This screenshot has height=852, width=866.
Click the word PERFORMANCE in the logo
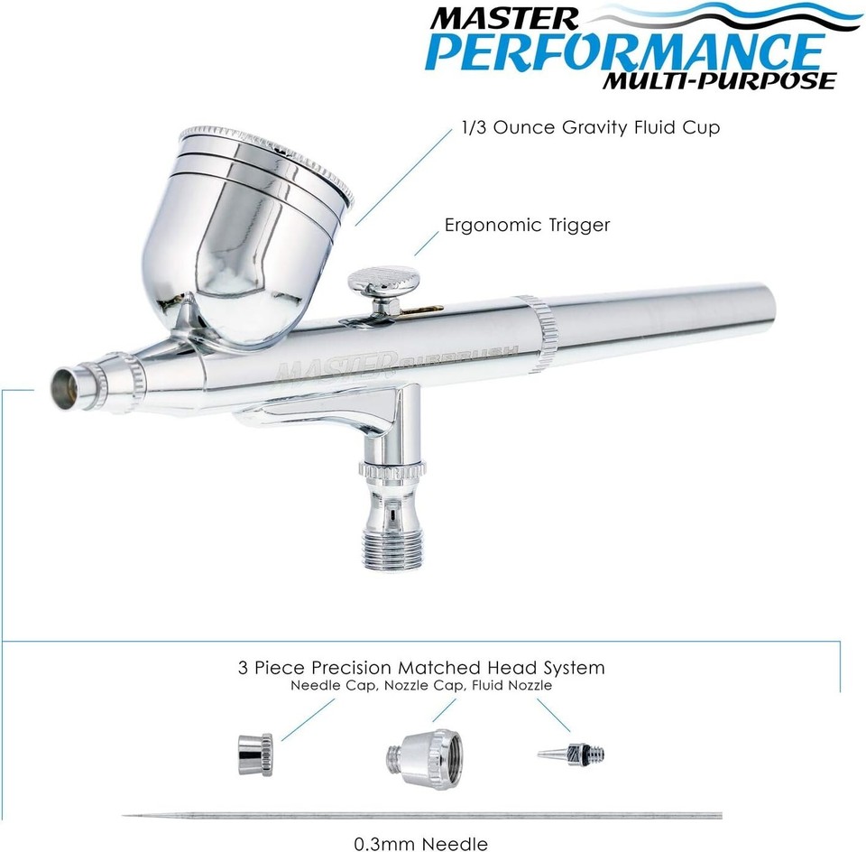click(624, 51)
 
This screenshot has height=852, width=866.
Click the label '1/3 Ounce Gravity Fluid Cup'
click(590, 127)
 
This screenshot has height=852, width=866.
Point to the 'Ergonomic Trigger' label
click(527, 225)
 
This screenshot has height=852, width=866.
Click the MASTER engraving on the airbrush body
click(336, 368)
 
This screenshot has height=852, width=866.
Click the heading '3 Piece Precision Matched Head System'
click(421, 668)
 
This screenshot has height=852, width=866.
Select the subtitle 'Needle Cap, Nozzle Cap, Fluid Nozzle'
click(421, 686)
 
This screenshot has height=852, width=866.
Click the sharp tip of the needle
click(126, 817)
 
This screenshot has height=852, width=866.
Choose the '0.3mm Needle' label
click(421, 843)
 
